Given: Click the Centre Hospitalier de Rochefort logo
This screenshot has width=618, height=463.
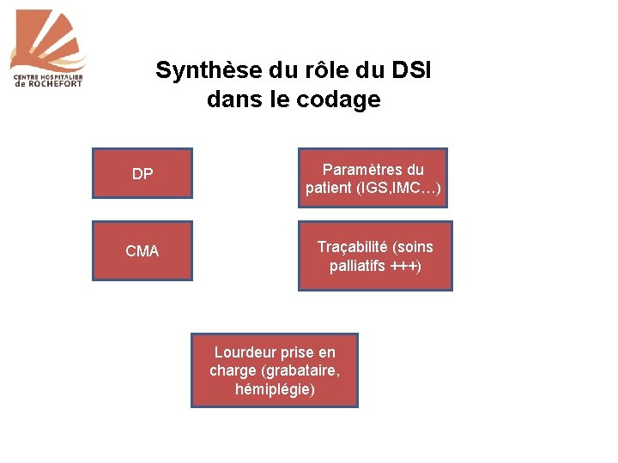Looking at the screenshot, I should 50,48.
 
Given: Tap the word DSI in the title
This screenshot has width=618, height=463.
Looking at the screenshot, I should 411,70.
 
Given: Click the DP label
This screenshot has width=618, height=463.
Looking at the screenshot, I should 142,174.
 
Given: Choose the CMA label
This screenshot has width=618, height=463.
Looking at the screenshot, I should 142,251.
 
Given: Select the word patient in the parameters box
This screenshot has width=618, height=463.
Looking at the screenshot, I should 326,189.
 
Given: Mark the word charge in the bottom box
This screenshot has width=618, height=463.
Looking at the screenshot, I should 233,370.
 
